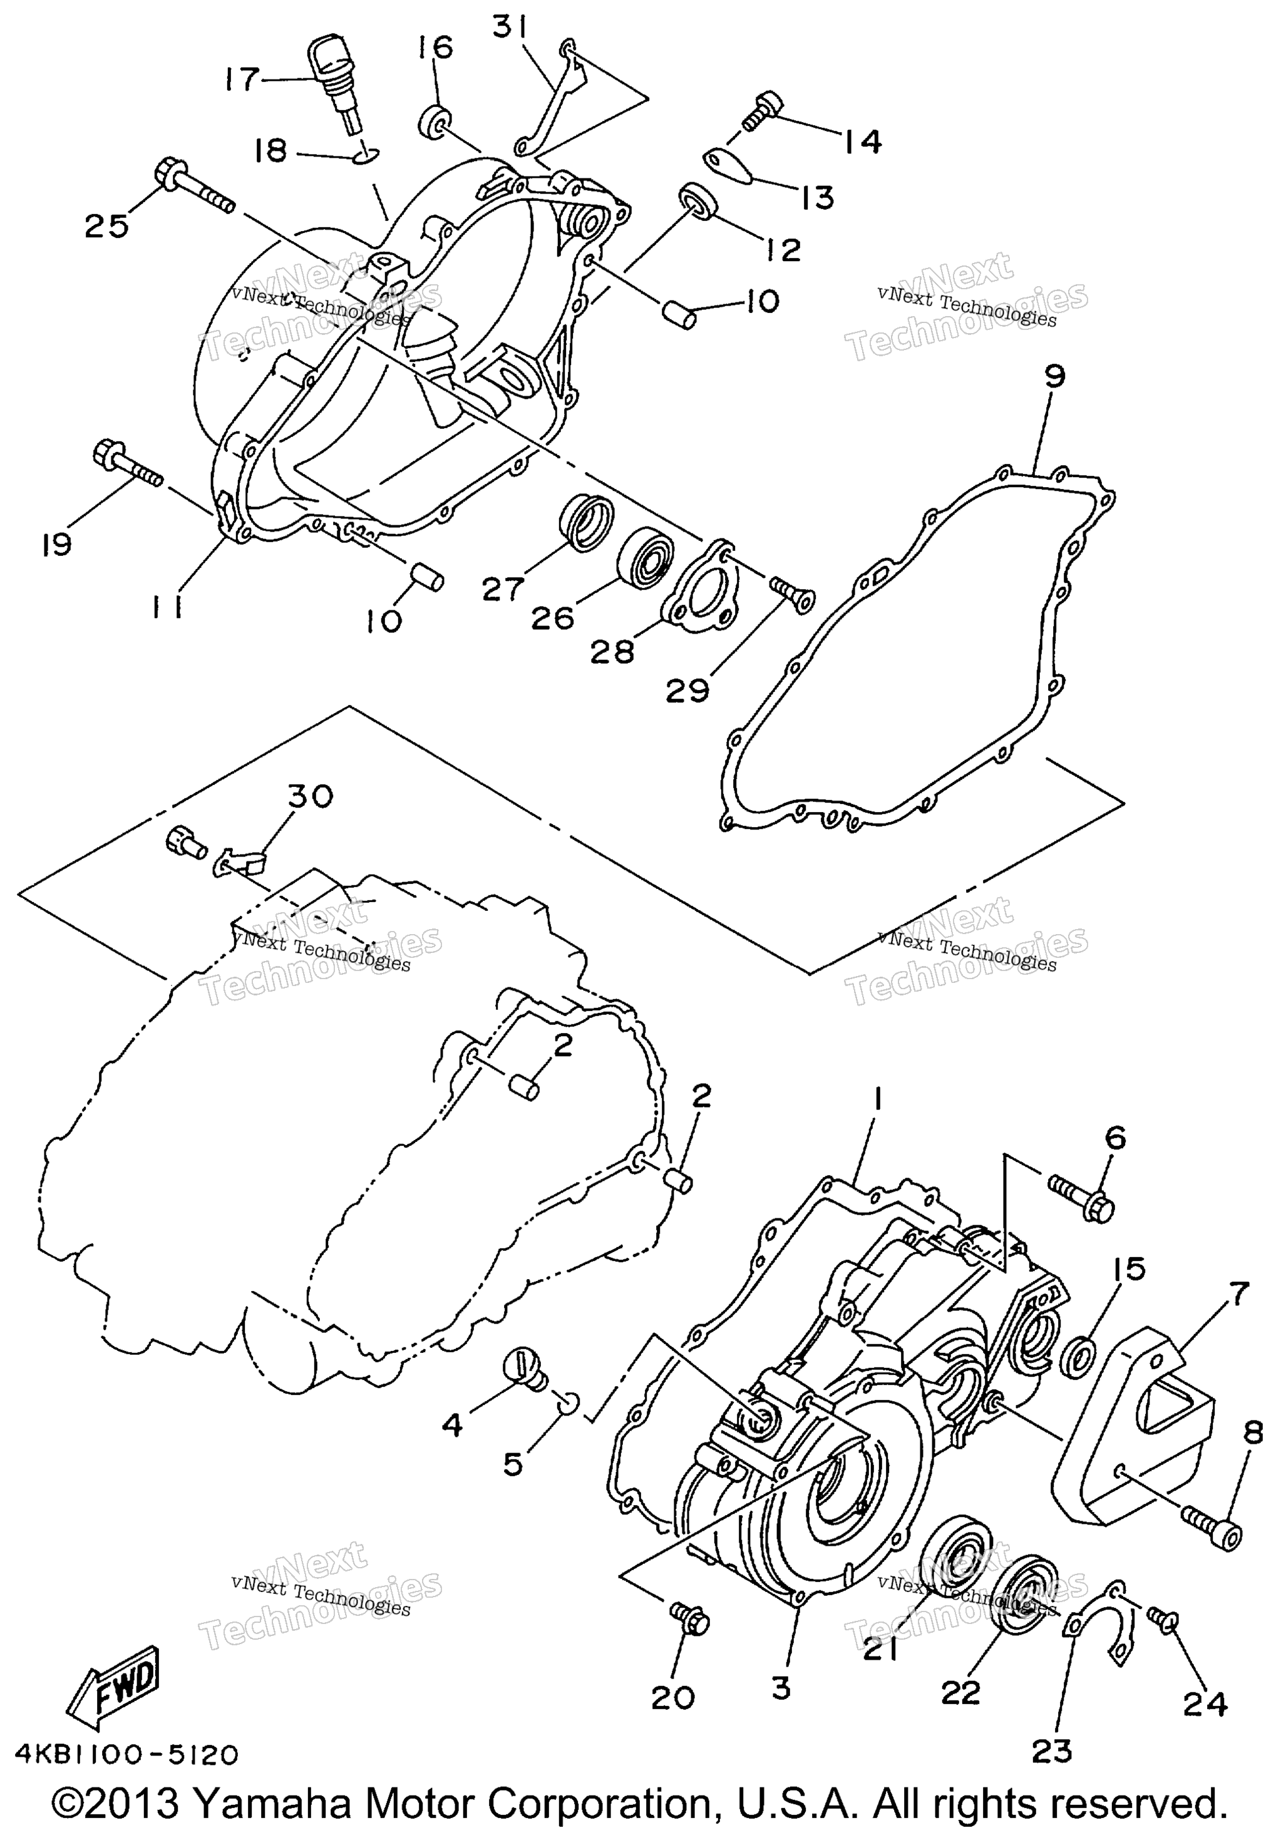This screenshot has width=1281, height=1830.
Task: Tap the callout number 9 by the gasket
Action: [x=1054, y=376]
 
